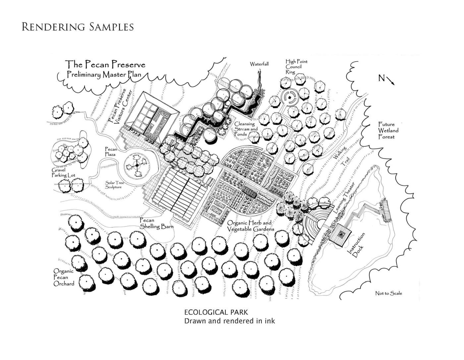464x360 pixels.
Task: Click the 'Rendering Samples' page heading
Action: pos(78,27)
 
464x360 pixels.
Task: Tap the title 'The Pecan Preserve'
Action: pos(105,64)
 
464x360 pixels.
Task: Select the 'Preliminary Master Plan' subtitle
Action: pos(104,75)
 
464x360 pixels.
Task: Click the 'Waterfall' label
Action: pos(259,64)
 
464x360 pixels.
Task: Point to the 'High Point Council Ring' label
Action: pos(296,67)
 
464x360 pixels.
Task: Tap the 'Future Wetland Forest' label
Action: pos(388,130)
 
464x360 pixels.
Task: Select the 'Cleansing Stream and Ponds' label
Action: pos(246,129)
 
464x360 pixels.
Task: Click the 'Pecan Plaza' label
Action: pos(111,152)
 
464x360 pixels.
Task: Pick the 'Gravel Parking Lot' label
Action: pos(63,173)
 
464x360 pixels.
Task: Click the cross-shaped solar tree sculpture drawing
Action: pos(137,165)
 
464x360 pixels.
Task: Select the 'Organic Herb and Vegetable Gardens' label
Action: pos(250,226)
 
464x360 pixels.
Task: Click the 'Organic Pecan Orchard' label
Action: pos(64,277)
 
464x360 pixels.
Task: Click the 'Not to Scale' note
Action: pos(388,293)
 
